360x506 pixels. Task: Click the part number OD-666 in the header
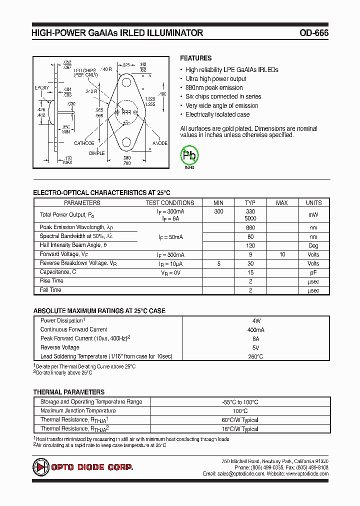coord(314,33)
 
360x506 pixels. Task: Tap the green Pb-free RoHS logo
coord(189,155)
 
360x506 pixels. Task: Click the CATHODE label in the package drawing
coord(84,143)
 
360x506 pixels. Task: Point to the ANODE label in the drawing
coord(159,143)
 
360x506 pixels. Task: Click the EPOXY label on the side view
coord(42,87)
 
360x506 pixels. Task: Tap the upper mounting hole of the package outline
coord(126,81)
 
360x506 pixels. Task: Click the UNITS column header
coord(313,202)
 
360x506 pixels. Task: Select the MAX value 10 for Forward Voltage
coord(282,254)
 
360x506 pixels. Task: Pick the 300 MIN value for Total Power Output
coord(218,211)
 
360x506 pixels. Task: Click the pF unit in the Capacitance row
coord(313,272)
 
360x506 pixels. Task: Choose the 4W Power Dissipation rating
coord(256,320)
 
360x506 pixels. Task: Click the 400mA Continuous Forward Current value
coord(256,329)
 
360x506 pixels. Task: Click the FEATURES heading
coord(195,58)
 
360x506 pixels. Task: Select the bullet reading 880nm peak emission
coord(214,88)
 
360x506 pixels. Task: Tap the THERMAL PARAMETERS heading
coord(69,392)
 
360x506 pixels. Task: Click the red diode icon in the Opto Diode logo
coord(40,467)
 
